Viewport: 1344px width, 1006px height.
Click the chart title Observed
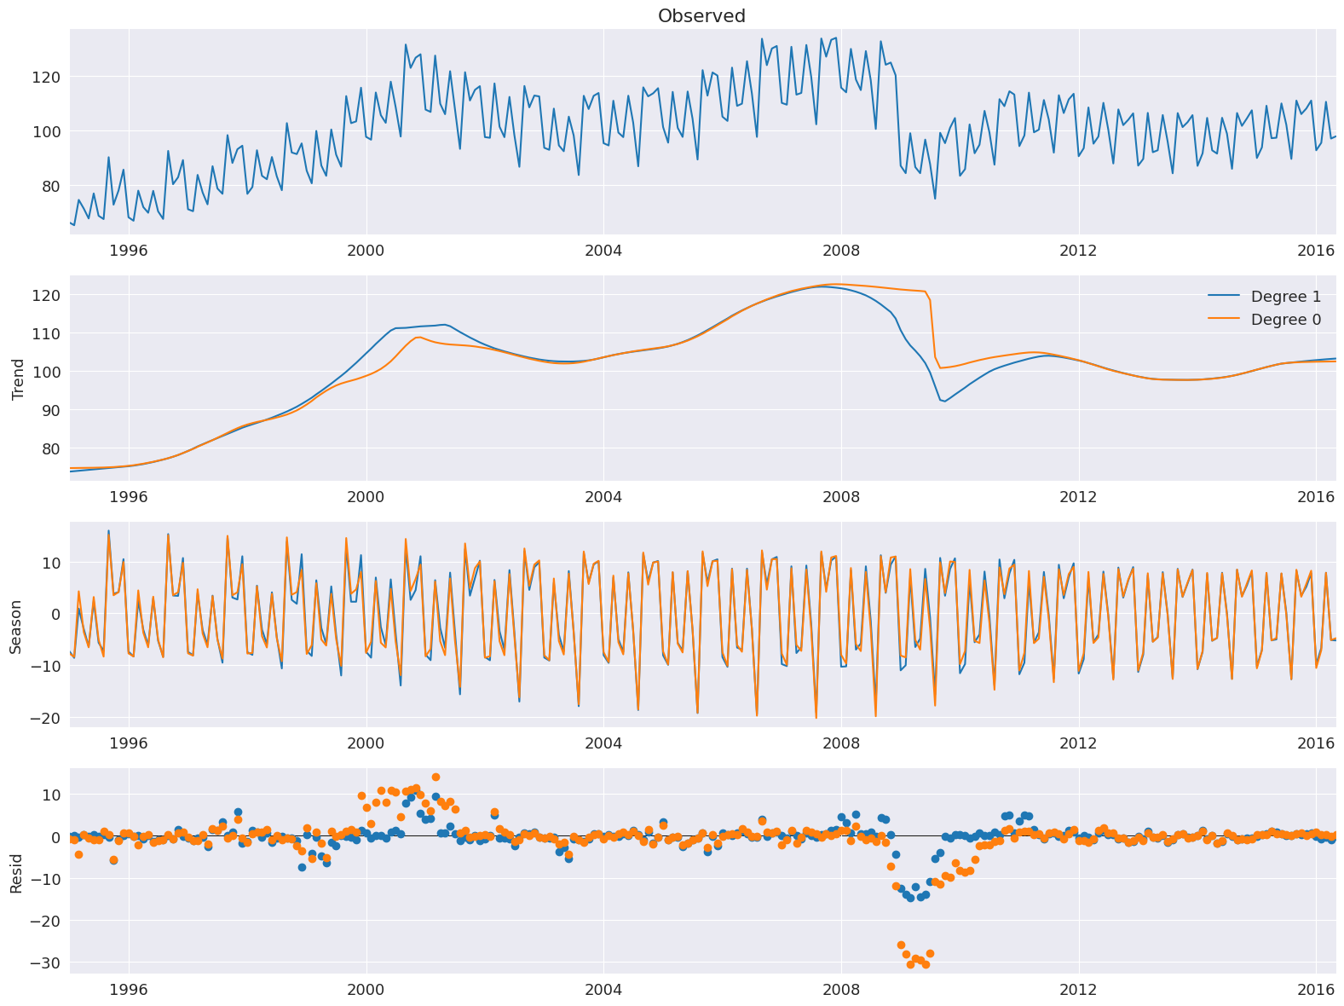click(701, 16)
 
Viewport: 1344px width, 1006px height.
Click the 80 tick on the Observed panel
click(49, 186)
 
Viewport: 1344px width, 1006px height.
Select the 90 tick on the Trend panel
click(49, 410)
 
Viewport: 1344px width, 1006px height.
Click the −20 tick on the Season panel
click(43, 718)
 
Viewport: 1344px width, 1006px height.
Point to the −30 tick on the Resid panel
click(43, 963)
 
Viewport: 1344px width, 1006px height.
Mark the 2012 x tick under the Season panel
click(1078, 743)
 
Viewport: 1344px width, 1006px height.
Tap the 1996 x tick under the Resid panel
click(129, 989)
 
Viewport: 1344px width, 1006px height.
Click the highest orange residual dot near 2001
click(436, 777)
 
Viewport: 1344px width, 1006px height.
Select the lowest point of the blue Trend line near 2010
click(944, 402)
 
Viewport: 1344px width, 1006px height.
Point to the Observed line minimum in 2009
click(935, 199)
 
